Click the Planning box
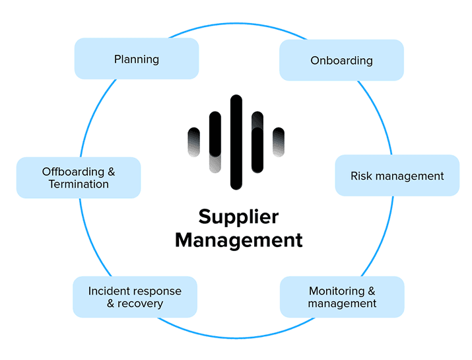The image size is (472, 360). [136, 59]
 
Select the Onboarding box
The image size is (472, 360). [341, 60]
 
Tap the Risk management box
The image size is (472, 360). [397, 176]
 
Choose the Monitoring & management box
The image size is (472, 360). [342, 297]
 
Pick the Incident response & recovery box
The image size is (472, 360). [135, 297]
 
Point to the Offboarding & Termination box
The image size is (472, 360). [78, 178]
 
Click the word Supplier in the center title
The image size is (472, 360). [238, 217]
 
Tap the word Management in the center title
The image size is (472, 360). [238, 240]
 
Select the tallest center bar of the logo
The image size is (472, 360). [236, 142]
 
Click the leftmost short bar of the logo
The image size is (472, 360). [193, 142]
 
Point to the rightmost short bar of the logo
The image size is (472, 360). [279, 142]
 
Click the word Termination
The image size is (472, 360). [79, 184]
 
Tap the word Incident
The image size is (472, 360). [109, 291]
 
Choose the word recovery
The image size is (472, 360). [141, 304]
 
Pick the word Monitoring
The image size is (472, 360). [337, 291]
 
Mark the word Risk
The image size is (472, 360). [360, 176]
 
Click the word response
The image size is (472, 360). [158, 291]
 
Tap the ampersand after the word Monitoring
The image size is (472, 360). [372, 291]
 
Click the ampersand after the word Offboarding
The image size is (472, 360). [111, 172]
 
